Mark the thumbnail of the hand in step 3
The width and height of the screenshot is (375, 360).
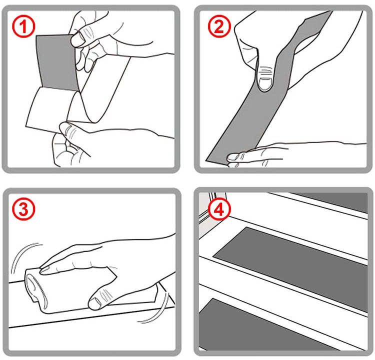pyautogui.click(x=93, y=302)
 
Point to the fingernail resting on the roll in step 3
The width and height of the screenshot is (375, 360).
pyautogui.click(x=46, y=270)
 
